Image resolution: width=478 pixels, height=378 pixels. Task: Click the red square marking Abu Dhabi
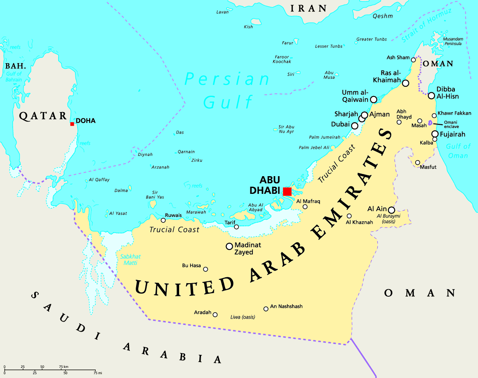point(287,191)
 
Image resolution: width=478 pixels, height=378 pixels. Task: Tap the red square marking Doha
point(72,124)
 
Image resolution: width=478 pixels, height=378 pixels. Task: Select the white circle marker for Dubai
point(355,126)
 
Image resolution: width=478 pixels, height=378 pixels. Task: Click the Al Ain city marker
point(391,210)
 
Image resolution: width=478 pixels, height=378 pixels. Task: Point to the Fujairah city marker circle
point(435,134)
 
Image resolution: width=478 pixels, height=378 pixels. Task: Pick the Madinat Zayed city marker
point(229,246)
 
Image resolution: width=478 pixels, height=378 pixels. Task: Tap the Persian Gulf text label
point(228,90)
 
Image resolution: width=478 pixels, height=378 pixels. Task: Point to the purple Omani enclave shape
point(430,123)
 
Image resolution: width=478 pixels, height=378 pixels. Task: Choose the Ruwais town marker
point(163,220)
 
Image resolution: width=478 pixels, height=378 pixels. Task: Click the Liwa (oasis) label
point(243,317)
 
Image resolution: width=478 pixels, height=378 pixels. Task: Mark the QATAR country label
point(43,116)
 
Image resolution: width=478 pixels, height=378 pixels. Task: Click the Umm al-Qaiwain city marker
point(373,99)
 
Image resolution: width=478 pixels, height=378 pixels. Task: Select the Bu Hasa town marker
point(205,269)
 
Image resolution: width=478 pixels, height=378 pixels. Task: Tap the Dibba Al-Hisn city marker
point(431,96)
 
